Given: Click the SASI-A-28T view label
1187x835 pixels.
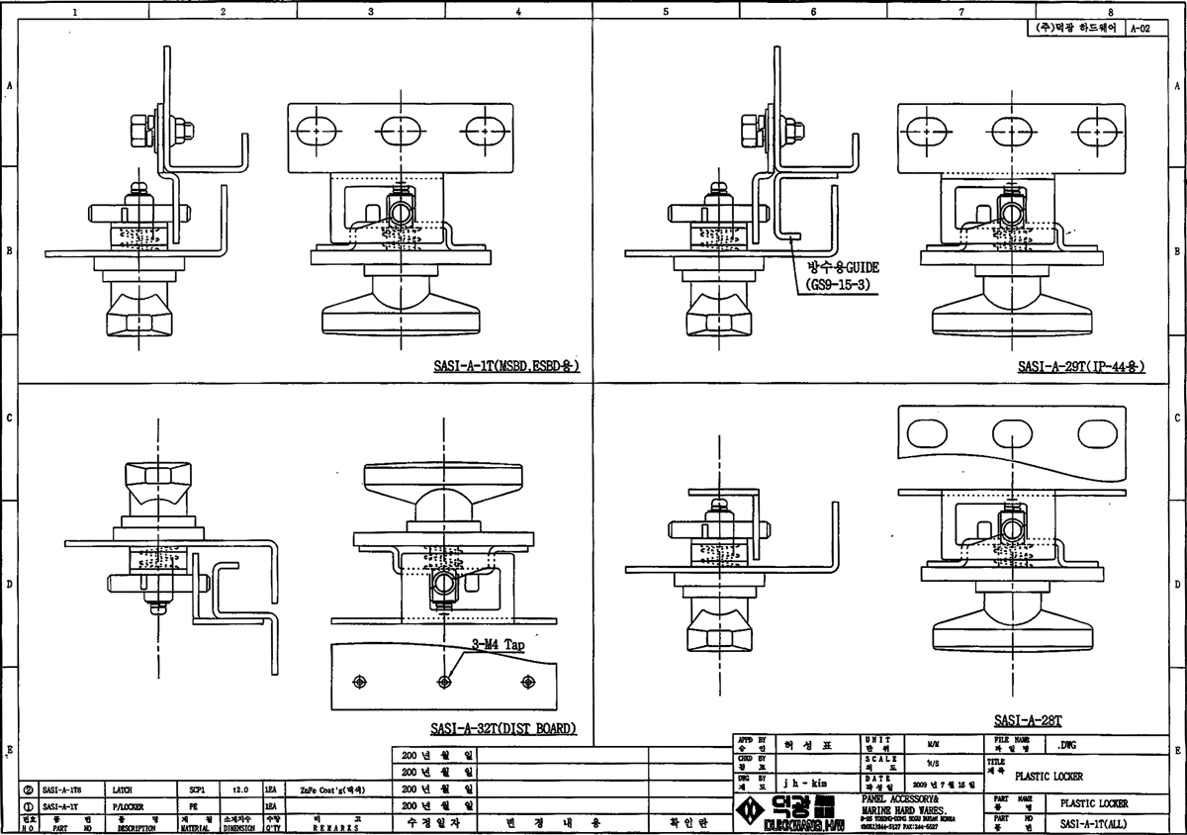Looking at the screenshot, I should point(1028,722).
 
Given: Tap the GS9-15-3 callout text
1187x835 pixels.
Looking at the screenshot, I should point(843,283).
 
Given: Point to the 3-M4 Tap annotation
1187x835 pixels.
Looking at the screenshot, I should point(500,644).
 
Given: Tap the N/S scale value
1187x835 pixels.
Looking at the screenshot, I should point(933,763).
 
